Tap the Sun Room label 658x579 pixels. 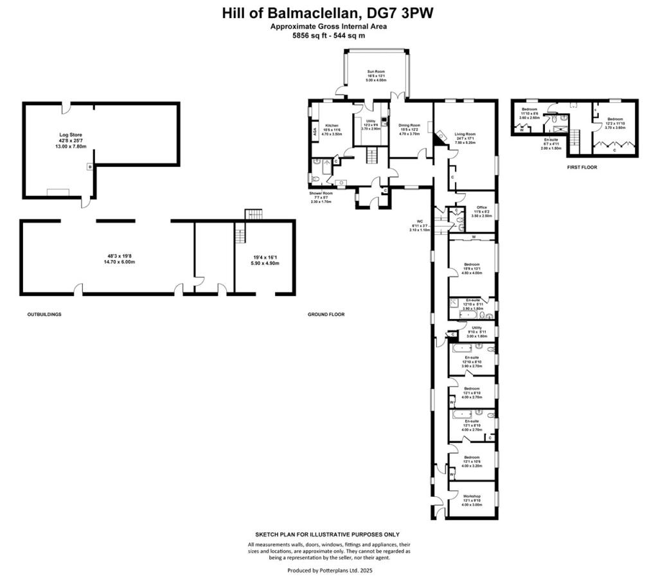coord(376,71)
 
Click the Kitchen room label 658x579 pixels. coord(332,125)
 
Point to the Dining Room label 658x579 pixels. coord(409,125)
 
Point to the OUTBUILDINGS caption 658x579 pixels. coord(44,315)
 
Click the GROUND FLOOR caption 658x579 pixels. coord(326,315)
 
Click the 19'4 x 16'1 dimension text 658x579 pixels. coord(265,257)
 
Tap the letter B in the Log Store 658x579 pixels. coord(89,166)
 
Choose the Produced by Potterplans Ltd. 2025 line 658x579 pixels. coord(330,569)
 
